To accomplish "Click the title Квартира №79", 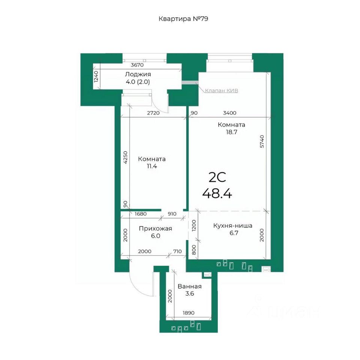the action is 183,19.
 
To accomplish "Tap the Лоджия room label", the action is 138,74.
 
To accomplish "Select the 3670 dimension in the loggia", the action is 137,65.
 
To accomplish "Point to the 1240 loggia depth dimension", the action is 96,76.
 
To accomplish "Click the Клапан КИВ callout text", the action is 221,90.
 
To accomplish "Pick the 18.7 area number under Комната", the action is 231,132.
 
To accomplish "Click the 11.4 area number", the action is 152,166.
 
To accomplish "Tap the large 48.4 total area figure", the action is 217,193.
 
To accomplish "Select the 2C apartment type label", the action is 217,177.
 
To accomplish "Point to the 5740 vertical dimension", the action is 262,141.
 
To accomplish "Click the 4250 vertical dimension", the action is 125,157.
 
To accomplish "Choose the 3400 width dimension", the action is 229,113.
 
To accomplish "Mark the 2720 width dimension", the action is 153,113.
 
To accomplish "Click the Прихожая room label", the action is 155,228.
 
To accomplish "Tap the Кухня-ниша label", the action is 233,225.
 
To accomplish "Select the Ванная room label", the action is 190,286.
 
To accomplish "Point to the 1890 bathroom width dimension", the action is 189,313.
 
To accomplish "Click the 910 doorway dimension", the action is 172,214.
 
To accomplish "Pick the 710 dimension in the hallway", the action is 177,251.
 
